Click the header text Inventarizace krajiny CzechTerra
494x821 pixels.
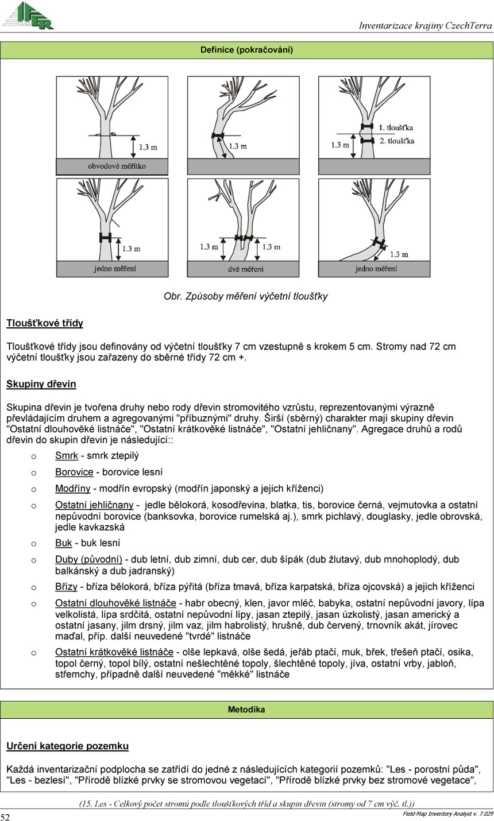(x=424, y=25)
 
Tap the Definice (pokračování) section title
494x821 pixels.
(x=246, y=50)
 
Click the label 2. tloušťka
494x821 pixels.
(x=396, y=140)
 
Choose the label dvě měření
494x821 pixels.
(x=243, y=269)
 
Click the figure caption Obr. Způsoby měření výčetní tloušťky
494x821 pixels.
(x=246, y=296)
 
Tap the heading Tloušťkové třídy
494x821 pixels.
(x=45, y=323)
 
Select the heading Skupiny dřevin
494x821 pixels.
(x=41, y=384)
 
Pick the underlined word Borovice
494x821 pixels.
(x=74, y=473)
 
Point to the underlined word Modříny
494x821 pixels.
(x=73, y=489)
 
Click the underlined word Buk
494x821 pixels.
(x=63, y=543)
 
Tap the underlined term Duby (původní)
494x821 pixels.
(x=88, y=559)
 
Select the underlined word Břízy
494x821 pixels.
(x=66, y=587)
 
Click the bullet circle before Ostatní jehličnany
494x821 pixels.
(x=34, y=505)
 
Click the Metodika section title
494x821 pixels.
(x=246, y=710)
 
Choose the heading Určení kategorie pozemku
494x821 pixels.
(x=67, y=746)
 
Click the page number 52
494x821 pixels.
(x=5, y=817)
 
